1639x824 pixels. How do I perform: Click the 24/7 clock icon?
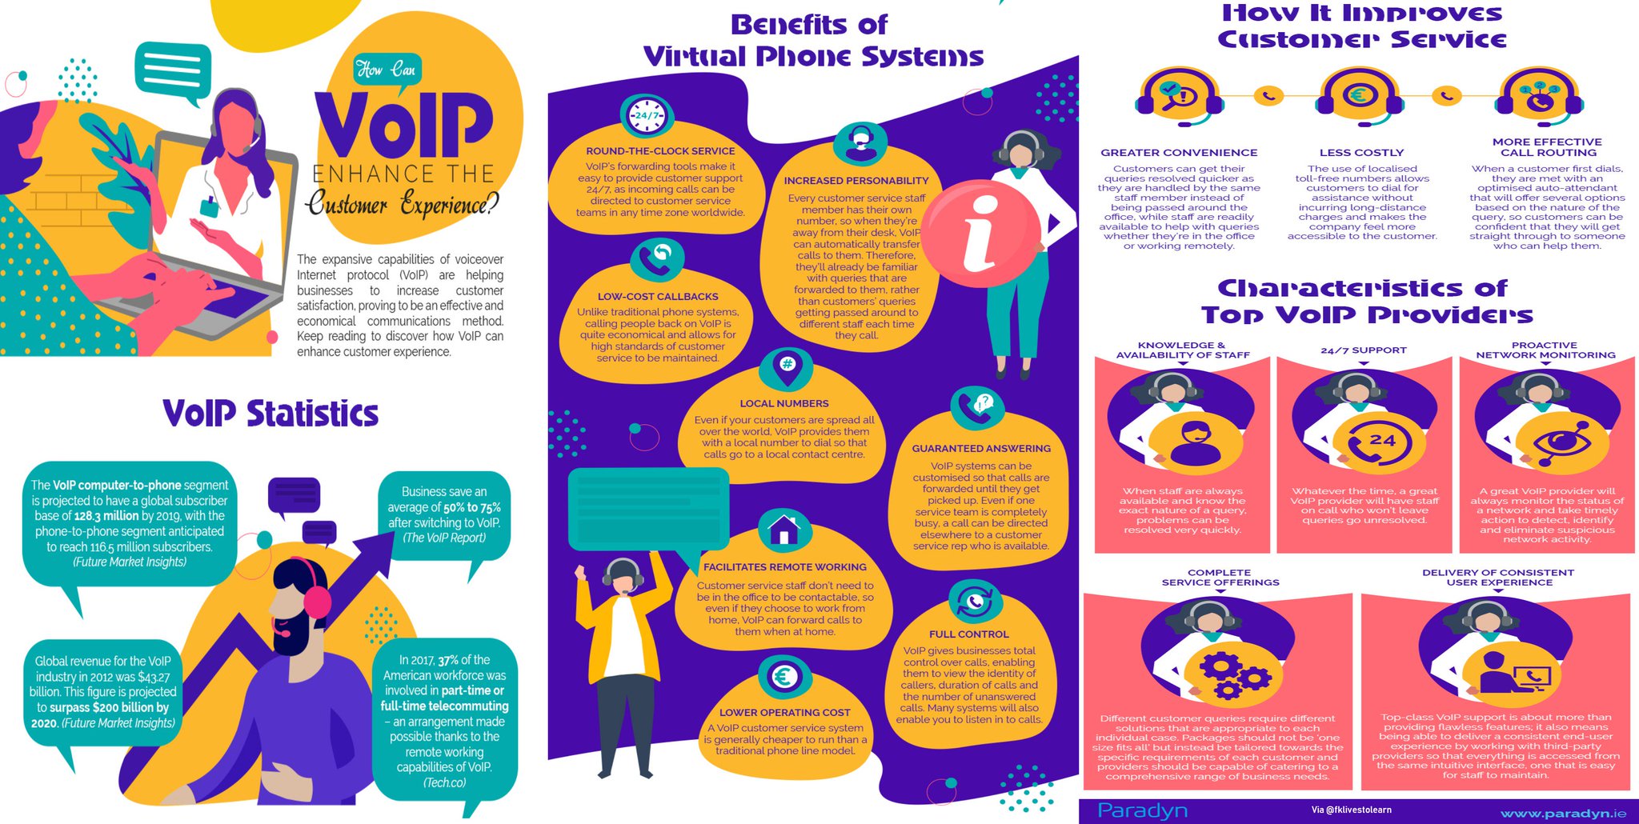pyautogui.click(x=647, y=117)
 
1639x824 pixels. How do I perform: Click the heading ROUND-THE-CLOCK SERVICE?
pyautogui.click(x=660, y=151)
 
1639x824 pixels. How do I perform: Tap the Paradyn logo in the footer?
pyautogui.click(x=1142, y=810)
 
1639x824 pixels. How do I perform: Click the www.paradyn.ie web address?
pyautogui.click(x=1563, y=813)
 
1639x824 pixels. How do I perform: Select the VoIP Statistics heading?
pyautogui.click(x=270, y=414)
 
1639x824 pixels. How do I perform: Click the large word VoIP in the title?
pyautogui.click(x=404, y=126)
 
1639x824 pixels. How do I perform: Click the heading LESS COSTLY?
pyautogui.click(x=1361, y=153)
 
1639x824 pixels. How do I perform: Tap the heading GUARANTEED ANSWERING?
pyautogui.click(x=981, y=449)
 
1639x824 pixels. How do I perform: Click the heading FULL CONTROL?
pyautogui.click(x=968, y=634)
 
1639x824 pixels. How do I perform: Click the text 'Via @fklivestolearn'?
pyautogui.click(x=1351, y=810)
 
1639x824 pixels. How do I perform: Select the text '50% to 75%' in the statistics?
pyautogui.click(x=472, y=507)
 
